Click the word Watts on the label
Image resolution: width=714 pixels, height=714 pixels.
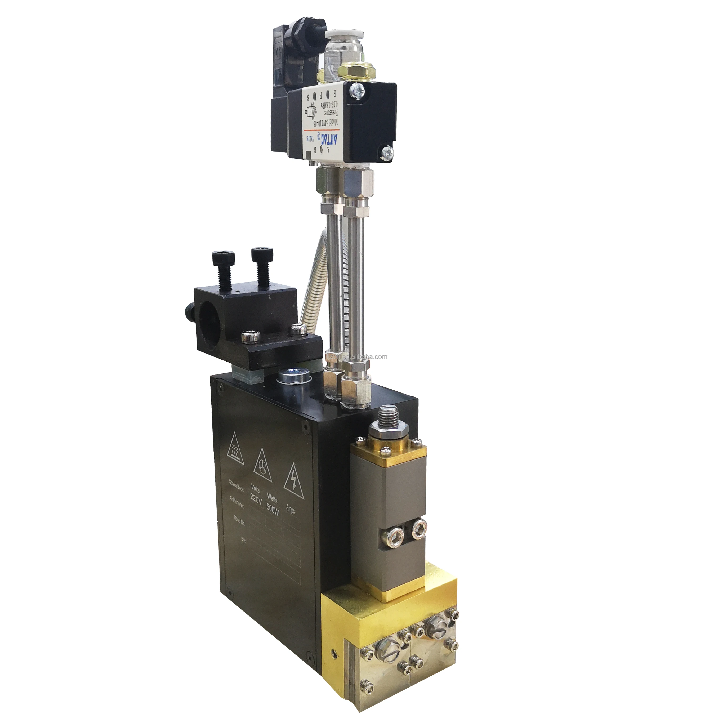pyautogui.click(x=272, y=497)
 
